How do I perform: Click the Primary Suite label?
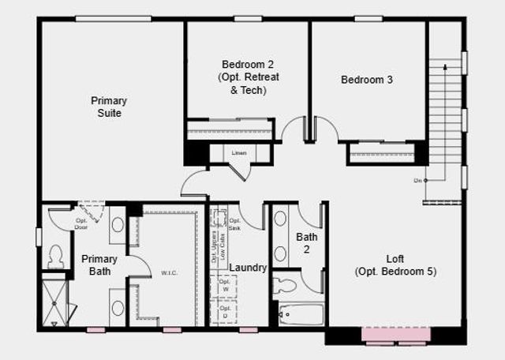click(x=108, y=107)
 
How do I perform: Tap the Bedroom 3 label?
click(x=367, y=80)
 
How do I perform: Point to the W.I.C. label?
click(x=169, y=273)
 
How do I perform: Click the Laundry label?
click(x=249, y=268)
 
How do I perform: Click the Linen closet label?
click(x=238, y=153)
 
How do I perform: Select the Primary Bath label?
click(x=99, y=265)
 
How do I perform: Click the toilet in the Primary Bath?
click(x=55, y=255)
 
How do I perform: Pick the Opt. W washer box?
click(x=224, y=287)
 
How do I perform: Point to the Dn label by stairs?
click(x=417, y=181)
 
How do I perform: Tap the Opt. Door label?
click(x=81, y=223)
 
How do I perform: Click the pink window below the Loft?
click(x=396, y=335)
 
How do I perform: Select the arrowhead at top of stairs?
click(x=445, y=68)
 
